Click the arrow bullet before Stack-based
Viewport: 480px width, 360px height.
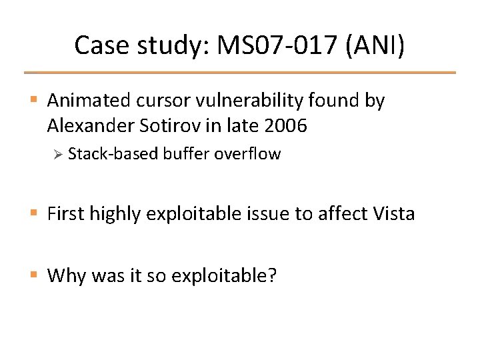(x=57, y=154)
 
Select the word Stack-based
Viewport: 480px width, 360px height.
(x=105, y=154)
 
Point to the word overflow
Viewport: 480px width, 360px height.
(x=248, y=154)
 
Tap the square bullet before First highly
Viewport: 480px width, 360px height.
(x=33, y=214)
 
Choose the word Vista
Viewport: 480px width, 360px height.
(x=391, y=214)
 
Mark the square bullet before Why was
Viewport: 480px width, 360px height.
(x=33, y=275)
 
